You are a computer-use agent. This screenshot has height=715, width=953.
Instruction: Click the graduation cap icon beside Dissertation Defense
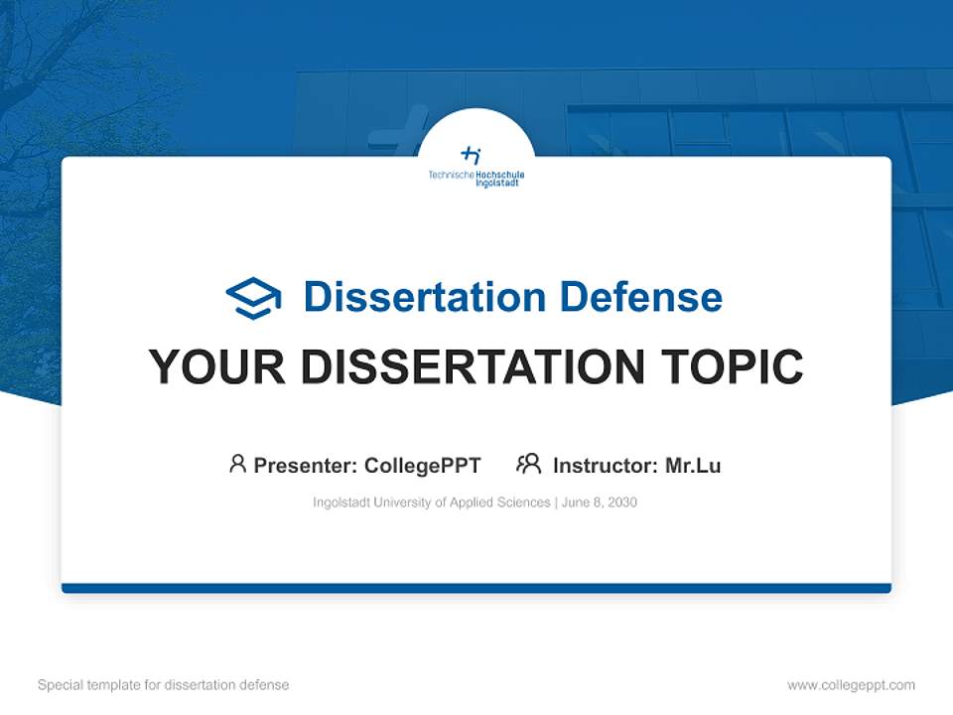[253, 298]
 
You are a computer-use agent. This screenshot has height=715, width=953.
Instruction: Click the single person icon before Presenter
[237, 464]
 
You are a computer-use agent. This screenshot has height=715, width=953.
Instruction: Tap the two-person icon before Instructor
[528, 464]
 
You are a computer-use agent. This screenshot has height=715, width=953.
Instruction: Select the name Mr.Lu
[693, 465]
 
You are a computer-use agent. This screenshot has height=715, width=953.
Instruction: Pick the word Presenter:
[306, 465]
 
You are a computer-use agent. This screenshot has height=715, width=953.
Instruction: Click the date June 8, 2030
[599, 502]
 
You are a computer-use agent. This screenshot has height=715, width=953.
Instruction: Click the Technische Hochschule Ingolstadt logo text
[476, 178]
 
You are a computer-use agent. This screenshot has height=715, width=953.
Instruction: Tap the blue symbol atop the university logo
[472, 155]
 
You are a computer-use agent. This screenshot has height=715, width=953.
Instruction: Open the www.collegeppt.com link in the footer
[851, 685]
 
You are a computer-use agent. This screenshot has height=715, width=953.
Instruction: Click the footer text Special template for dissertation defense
[164, 685]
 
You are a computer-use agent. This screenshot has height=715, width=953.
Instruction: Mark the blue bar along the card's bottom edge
[476, 588]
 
